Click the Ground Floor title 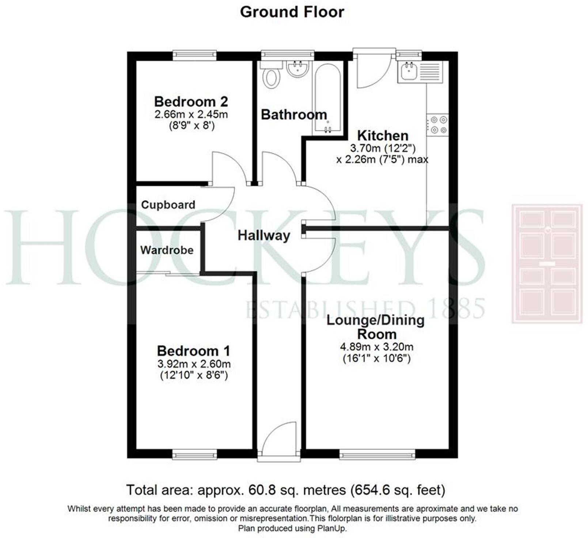pyautogui.click(x=292, y=12)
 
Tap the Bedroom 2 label pyautogui.click(x=191, y=101)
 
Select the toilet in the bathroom pyautogui.click(x=272, y=76)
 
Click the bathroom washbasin pyautogui.click(x=297, y=69)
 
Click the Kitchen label pyautogui.click(x=383, y=136)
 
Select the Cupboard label pyautogui.click(x=168, y=205)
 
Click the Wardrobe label pyautogui.click(x=167, y=250)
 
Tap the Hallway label pyautogui.click(x=264, y=235)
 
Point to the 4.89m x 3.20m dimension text pyautogui.click(x=376, y=347)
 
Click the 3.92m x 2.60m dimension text pyautogui.click(x=194, y=364)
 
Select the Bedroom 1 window pyautogui.click(x=194, y=455)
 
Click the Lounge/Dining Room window pyautogui.click(x=377, y=455)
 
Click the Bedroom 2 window pyautogui.click(x=194, y=55)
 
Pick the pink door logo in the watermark pyautogui.click(x=547, y=264)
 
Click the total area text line pyautogui.click(x=285, y=490)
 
